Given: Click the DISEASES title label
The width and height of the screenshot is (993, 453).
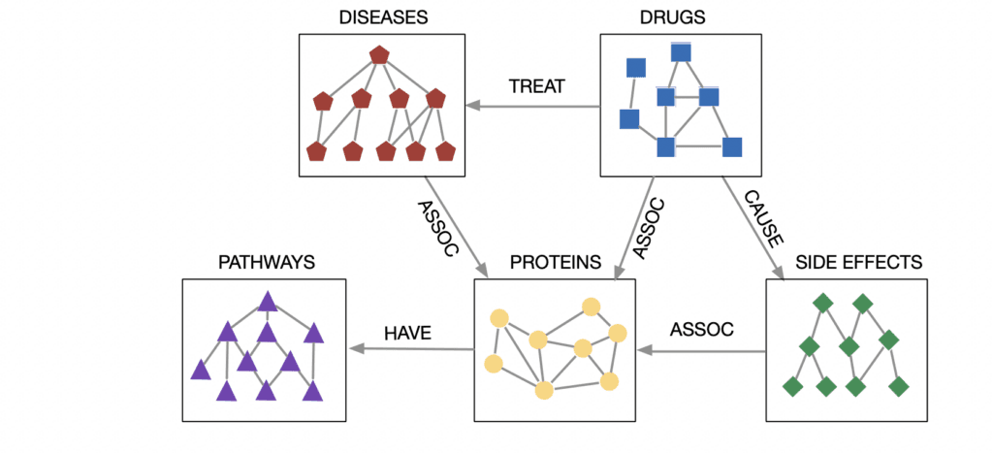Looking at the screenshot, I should pyautogui.click(x=377, y=18).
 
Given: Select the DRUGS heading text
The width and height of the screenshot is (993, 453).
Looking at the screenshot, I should pyautogui.click(x=672, y=18).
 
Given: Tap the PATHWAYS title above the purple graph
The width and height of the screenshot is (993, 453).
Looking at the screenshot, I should pyautogui.click(x=266, y=263).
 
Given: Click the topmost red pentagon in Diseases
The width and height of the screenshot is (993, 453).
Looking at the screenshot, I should pyautogui.click(x=378, y=55).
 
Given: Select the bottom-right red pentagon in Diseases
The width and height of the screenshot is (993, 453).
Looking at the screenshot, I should pyautogui.click(x=445, y=152).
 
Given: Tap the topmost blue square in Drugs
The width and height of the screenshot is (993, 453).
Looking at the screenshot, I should pyautogui.click(x=681, y=51).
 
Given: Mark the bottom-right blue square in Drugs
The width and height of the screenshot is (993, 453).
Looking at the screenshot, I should pyautogui.click(x=732, y=147).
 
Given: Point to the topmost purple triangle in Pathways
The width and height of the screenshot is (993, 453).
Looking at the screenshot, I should pyautogui.click(x=268, y=303).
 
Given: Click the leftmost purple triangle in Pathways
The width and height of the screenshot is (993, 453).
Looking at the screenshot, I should pyautogui.click(x=201, y=370).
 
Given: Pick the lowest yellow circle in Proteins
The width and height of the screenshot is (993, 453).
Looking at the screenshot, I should pyautogui.click(x=544, y=390).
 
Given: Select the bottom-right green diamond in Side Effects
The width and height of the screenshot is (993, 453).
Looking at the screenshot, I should pyautogui.click(x=899, y=386).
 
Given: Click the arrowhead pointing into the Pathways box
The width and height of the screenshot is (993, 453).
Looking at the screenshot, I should pyautogui.click(x=356, y=348).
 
